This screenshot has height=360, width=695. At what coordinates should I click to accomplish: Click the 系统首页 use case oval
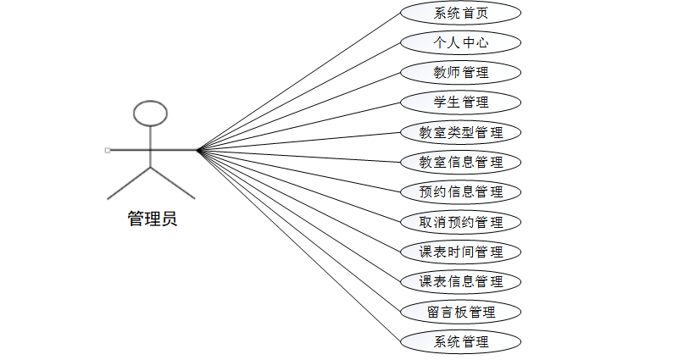pyautogui.click(x=460, y=13)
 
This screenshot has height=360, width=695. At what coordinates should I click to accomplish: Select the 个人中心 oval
pyautogui.click(x=460, y=42)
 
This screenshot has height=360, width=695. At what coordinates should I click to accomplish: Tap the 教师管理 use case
pyautogui.click(x=460, y=72)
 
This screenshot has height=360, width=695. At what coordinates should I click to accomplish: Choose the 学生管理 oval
pyautogui.click(x=460, y=102)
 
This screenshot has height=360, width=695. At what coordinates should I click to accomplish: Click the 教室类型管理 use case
pyautogui.click(x=460, y=132)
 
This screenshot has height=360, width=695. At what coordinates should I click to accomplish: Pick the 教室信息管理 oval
pyautogui.click(x=460, y=162)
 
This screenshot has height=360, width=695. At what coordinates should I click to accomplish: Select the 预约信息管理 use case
pyautogui.click(x=460, y=191)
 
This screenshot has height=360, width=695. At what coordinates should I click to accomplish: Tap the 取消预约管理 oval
pyautogui.click(x=460, y=222)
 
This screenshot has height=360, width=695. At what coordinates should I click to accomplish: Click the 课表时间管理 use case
pyautogui.click(x=460, y=252)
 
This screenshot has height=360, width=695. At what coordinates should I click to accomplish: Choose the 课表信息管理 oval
pyautogui.click(x=460, y=281)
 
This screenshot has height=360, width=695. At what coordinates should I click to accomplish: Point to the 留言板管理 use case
pyautogui.click(x=460, y=312)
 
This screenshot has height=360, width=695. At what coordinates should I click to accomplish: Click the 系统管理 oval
pyautogui.click(x=460, y=341)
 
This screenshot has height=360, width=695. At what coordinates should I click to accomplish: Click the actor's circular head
pyautogui.click(x=151, y=113)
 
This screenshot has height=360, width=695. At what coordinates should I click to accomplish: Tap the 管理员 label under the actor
pyautogui.click(x=153, y=220)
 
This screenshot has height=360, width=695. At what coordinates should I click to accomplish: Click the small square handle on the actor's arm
pyautogui.click(x=108, y=150)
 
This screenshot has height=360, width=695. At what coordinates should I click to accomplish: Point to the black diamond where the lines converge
pyautogui.click(x=200, y=150)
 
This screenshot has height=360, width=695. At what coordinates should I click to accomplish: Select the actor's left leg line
pyautogui.click(x=129, y=183)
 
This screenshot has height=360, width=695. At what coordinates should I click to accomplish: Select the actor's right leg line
pyautogui.click(x=173, y=183)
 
